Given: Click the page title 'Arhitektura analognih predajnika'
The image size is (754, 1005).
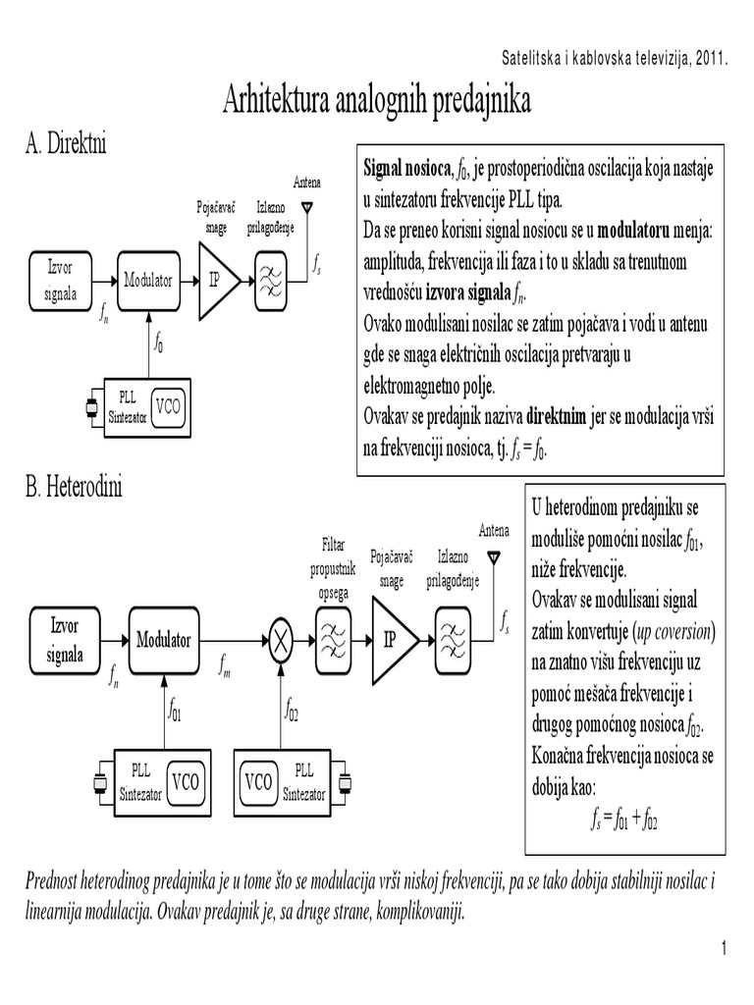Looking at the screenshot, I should [x=377, y=100].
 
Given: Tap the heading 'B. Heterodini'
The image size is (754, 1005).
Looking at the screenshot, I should [x=75, y=487].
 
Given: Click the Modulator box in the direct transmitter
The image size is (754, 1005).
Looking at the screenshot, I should [x=148, y=281].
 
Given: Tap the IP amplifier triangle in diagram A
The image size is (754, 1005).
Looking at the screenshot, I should [x=217, y=282].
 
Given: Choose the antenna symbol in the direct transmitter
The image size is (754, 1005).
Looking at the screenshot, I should [x=307, y=208].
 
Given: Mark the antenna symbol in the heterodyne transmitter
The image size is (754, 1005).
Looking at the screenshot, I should [x=494, y=556].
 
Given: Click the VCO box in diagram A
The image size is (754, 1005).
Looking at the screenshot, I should [x=169, y=408].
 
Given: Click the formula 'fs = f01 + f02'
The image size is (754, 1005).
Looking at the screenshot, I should [x=616, y=819].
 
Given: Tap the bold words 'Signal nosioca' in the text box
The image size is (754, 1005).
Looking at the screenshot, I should [x=407, y=168].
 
